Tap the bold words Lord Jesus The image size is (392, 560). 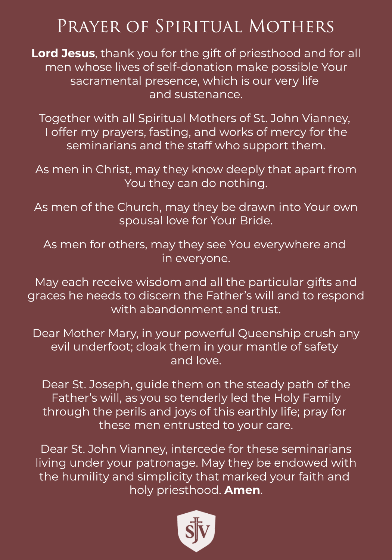63,53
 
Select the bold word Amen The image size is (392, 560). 242,490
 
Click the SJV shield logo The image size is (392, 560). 196,531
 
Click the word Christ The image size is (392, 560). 113,169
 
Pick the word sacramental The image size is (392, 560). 107,81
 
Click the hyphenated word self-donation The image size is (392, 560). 195,67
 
